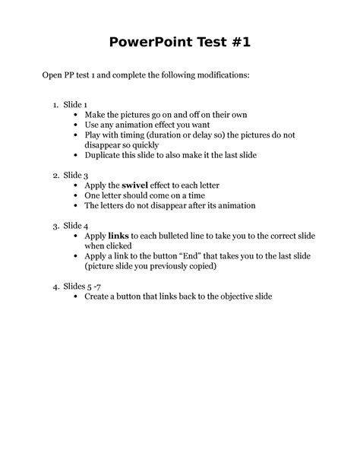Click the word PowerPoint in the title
coord(147,43)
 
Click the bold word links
coord(119,236)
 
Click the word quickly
coord(141,144)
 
